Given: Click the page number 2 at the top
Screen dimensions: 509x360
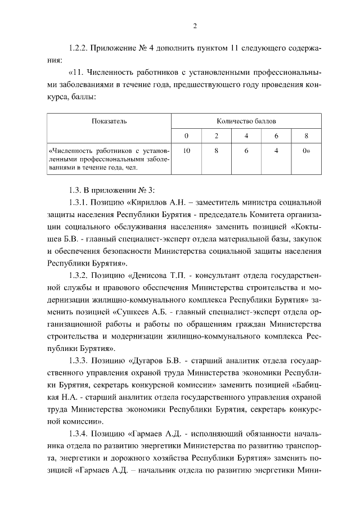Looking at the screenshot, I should (194, 25).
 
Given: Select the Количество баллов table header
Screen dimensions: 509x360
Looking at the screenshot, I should (246, 121).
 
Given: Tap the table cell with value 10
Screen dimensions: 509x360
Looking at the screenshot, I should (186, 151).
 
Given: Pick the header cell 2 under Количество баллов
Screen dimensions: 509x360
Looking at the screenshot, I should (216, 136).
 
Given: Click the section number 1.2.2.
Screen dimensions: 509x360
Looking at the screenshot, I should (77, 49).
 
